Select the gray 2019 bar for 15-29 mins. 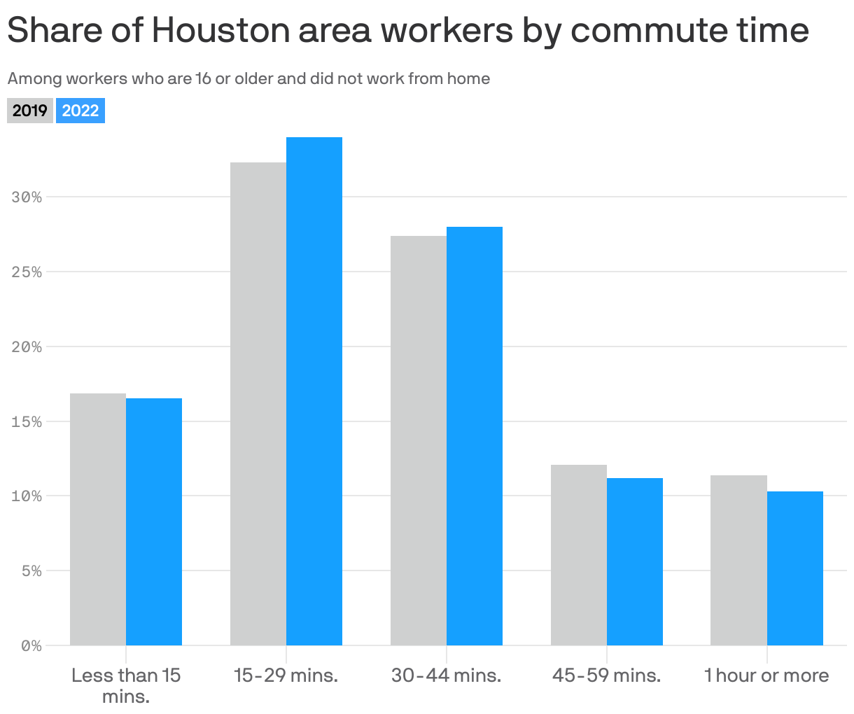pyautogui.click(x=258, y=404)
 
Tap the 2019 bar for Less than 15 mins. pyautogui.click(x=98, y=519)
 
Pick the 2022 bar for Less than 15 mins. pyautogui.click(x=154, y=521)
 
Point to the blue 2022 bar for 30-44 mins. pyautogui.click(x=475, y=435)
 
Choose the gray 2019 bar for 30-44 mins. pyautogui.click(x=419, y=440)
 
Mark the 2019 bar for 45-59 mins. pyautogui.click(x=579, y=554)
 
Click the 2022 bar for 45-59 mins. pyautogui.click(x=635, y=561)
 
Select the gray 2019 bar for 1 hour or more pyautogui.click(x=738, y=560)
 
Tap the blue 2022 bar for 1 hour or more pyautogui.click(x=795, y=568)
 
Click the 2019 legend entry pyautogui.click(x=30, y=111)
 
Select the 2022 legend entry pyautogui.click(x=80, y=111)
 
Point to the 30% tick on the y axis pyautogui.click(x=27, y=197)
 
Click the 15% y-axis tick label pyautogui.click(x=27, y=422)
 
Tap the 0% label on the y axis pyautogui.click(x=31, y=646)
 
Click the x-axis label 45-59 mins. pyautogui.click(x=606, y=675)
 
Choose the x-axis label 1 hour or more pyautogui.click(x=766, y=675)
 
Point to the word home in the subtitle pyautogui.click(x=468, y=78)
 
